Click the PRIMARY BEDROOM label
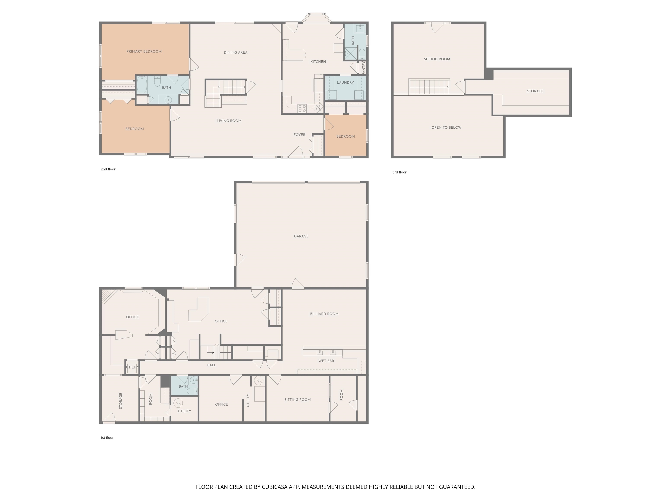coord(144,51)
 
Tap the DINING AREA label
coord(236,52)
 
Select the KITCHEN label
coord(318,62)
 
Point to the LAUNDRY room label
coord(345,82)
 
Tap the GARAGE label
coord(301,236)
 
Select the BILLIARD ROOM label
coord(324,314)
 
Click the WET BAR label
coord(326,361)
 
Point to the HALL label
coord(211,365)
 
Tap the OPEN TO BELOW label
coord(446,128)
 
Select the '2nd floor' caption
coord(108,169)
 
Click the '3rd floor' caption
coord(399,172)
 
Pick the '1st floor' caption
coord(107,438)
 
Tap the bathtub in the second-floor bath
coord(142,85)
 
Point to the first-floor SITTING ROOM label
coord(297,400)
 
